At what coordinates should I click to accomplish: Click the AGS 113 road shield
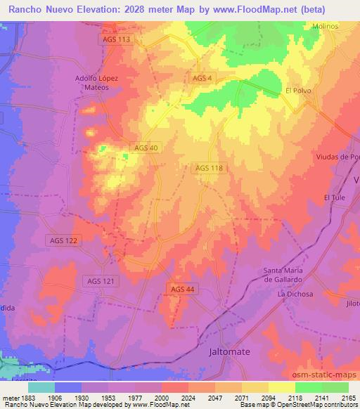115,39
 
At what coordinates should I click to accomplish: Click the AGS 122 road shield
63,240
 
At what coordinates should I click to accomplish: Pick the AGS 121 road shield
101,281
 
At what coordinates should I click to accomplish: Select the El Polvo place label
298,91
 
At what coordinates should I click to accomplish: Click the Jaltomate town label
230,350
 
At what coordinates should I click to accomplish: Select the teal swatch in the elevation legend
41,387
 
